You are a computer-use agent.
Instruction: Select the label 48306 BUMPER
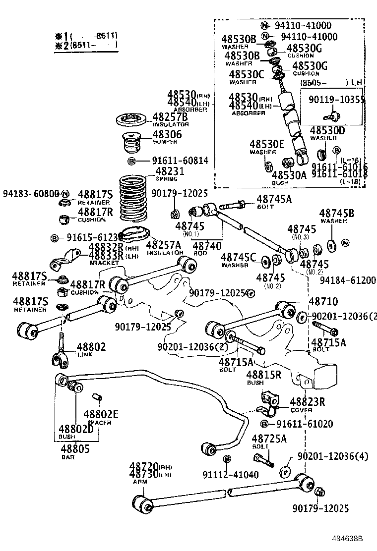(x=167, y=134)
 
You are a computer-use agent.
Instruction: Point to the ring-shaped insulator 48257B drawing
(x=130, y=119)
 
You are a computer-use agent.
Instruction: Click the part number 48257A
(x=166, y=245)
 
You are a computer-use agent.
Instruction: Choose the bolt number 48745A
(x=274, y=199)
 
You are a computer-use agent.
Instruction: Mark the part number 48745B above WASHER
(x=337, y=213)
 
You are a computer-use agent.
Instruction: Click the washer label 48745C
(x=238, y=257)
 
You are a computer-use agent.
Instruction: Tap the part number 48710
(x=323, y=302)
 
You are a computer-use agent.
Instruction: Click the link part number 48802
(x=91, y=347)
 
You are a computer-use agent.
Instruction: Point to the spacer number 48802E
(x=101, y=415)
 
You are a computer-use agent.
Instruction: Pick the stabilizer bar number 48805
(x=74, y=449)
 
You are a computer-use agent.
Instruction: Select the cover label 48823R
(x=308, y=402)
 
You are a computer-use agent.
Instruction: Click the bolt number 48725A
(x=269, y=439)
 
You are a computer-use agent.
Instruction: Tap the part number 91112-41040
(x=230, y=475)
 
